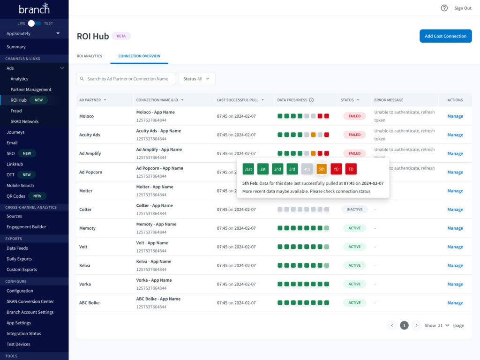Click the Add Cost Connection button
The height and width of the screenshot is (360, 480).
click(x=445, y=36)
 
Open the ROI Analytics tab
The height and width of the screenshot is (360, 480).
click(x=90, y=56)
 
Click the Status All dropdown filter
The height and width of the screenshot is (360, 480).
click(x=196, y=79)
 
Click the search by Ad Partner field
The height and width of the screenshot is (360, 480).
click(x=127, y=79)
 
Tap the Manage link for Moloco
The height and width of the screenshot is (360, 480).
click(x=455, y=116)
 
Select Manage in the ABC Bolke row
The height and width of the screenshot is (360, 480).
click(x=455, y=303)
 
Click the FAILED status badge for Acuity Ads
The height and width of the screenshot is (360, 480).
click(x=355, y=135)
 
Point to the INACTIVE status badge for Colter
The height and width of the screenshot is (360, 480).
click(x=354, y=210)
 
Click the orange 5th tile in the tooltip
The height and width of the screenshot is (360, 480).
click(x=322, y=169)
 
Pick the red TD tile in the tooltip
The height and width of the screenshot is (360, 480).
click(x=351, y=169)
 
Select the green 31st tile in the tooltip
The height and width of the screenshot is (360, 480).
click(x=248, y=169)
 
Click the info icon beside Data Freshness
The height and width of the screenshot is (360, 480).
click(x=311, y=100)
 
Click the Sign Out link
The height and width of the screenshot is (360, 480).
click(x=463, y=8)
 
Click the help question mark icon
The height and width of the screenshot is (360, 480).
click(x=444, y=8)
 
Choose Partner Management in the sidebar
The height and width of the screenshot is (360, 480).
click(x=31, y=90)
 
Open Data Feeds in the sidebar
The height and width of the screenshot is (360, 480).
click(x=17, y=248)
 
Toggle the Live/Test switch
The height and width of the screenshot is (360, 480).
click(x=34, y=23)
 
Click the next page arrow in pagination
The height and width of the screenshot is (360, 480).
click(x=416, y=325)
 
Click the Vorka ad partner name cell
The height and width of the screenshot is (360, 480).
click(x=85, y=284)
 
